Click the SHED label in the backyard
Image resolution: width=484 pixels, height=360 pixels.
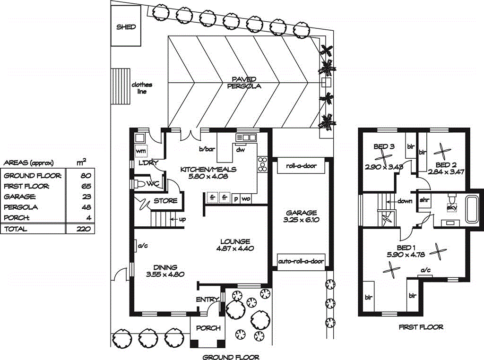click(126, 27)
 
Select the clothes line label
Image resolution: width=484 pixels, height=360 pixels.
click(142, 88)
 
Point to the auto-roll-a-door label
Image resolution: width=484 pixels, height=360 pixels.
click(301, 261)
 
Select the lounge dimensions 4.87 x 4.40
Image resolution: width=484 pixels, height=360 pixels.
click(235, 249)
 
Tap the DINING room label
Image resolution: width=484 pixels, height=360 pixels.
click(165, 267)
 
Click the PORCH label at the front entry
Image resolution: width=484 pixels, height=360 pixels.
click(208, 328)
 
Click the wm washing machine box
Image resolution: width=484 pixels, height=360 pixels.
click(141, 151)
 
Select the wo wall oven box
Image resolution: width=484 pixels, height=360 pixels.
click(246, 199)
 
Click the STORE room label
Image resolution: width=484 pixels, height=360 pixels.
click(165, 201)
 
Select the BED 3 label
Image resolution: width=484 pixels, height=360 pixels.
click(384, 146)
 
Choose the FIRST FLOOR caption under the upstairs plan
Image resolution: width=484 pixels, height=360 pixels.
click(421, 327)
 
